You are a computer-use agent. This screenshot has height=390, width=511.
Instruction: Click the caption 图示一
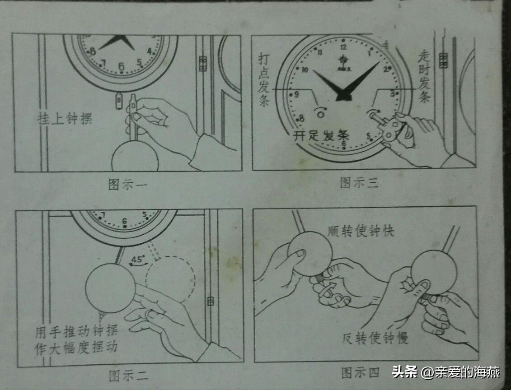128,186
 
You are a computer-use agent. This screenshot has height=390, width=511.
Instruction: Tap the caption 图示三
359,183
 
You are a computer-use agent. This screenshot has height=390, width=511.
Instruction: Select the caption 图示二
128,375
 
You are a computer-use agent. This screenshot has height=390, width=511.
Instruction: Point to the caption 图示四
360,373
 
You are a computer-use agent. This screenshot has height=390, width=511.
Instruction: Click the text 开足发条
321,136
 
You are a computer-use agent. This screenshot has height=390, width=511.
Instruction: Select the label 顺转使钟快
361,232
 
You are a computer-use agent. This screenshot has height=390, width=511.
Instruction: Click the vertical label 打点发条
264,80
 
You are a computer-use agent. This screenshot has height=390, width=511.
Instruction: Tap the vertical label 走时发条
424,77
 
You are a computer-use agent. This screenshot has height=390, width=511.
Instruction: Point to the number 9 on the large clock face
296,95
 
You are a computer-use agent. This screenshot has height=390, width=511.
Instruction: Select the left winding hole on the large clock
321,110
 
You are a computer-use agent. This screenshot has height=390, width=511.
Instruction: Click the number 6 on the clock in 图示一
121,67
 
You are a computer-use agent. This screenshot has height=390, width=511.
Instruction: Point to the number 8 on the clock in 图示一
93,51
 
